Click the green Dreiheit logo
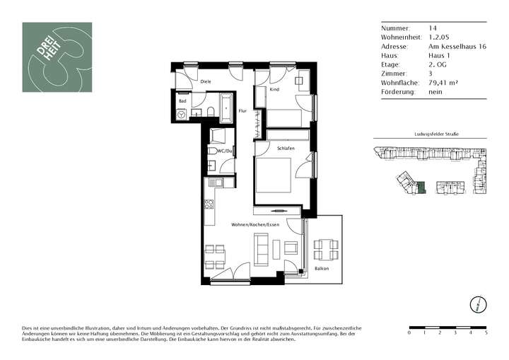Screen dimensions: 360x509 point(57,57)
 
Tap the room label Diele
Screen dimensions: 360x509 point(206,82)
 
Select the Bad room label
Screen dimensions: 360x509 point(182,101)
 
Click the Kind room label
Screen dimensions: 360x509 point(275,90)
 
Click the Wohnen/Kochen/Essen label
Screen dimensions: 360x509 point(255,223)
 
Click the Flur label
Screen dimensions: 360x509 point(242,111)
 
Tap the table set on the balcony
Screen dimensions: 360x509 point(326,249)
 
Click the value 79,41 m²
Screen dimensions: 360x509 point(443,83)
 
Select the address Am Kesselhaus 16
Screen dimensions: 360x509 point(456,46)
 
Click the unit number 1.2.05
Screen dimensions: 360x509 point(438,37)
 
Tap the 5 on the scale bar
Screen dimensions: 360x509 point(486,332)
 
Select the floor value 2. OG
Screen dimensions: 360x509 point(438,64)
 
